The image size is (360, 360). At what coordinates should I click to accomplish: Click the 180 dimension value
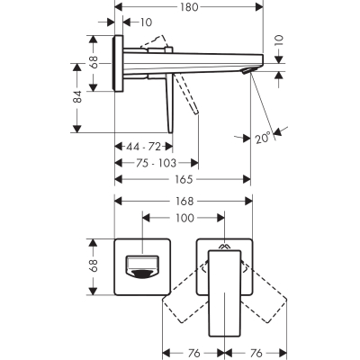point(190,6)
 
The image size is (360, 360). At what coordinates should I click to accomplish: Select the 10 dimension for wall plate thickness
point(146,22)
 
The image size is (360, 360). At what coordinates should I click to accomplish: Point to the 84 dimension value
point(77,96)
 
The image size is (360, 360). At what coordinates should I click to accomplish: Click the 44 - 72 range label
point(143,147)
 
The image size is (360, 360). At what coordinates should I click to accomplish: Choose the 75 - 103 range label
point(156,163)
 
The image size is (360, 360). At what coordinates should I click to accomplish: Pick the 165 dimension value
point(184,179)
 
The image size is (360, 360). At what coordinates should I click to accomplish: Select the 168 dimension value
point(184,202)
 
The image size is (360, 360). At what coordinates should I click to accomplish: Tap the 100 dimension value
point(184,218)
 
